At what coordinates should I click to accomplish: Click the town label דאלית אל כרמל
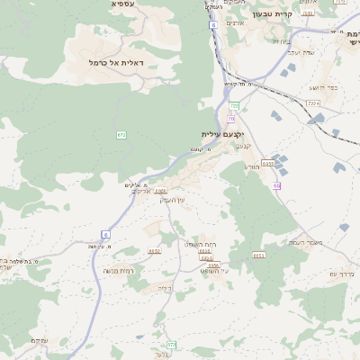[x=118, y=62]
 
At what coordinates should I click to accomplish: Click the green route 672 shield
[x=121, y=134]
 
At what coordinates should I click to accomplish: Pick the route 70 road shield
[x=231, y=118]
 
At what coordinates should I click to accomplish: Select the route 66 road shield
[x=277, y=185]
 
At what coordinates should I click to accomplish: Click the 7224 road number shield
[x=313, y=104]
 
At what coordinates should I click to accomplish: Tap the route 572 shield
[x=171, y=344]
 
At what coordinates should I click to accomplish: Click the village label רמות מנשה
[x=119, y=270]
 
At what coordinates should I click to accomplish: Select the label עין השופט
[x=215, y=270]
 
